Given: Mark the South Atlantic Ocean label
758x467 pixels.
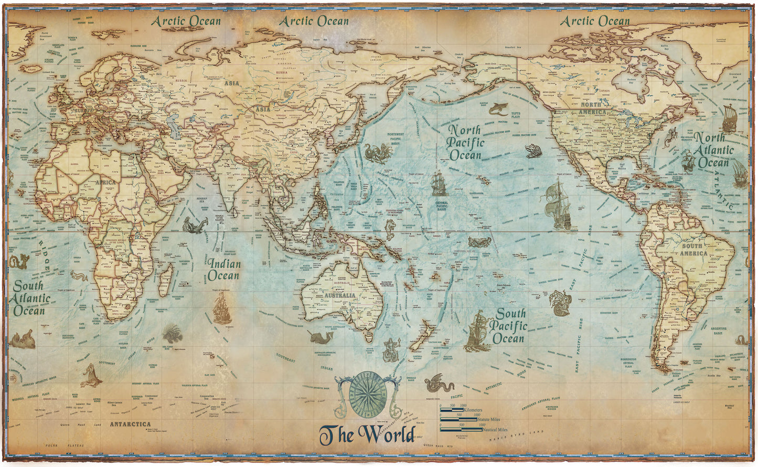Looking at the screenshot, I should (x=31, y=298).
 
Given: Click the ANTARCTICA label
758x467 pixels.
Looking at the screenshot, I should (x=130, y=424).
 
